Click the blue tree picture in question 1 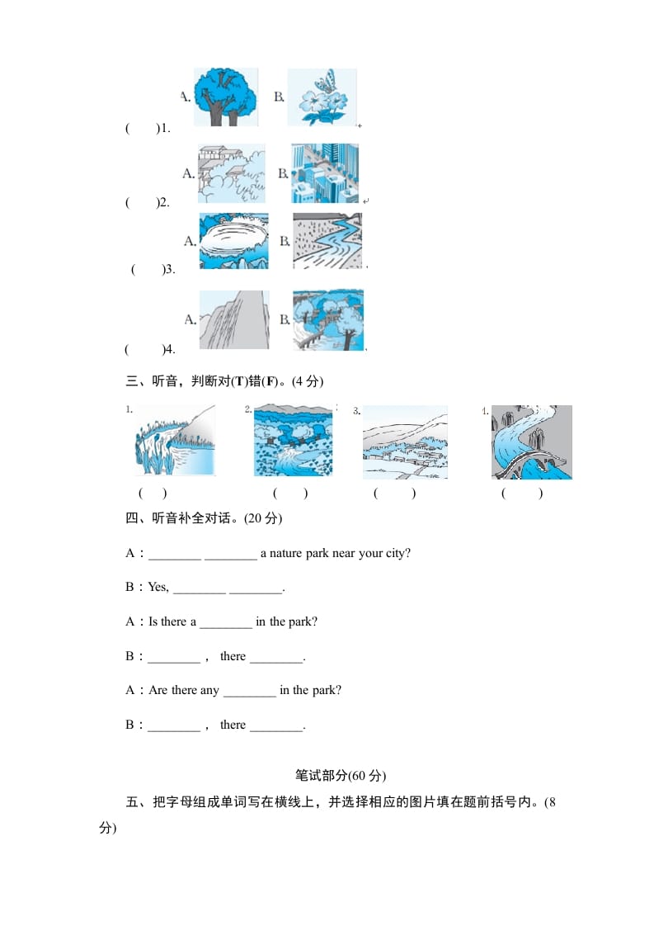click(225, 97)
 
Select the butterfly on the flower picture click(322, 97)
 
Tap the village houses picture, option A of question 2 click(231, 173)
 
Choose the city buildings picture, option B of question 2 click(325, 173)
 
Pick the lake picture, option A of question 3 click(233, 241)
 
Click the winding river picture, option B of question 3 click(327, 241)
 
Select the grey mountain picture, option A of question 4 click(233, 319)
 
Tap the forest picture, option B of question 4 click(327, 319)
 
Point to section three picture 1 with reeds click(175, 441)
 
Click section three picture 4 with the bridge click(531, 442)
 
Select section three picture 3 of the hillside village click(405, 442)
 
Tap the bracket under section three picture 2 click(290, 494)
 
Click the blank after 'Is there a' click(225, 622)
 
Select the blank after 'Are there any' click(249, 691)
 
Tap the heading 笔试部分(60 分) click(340, 776)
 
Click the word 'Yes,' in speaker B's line click(158, 588)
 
